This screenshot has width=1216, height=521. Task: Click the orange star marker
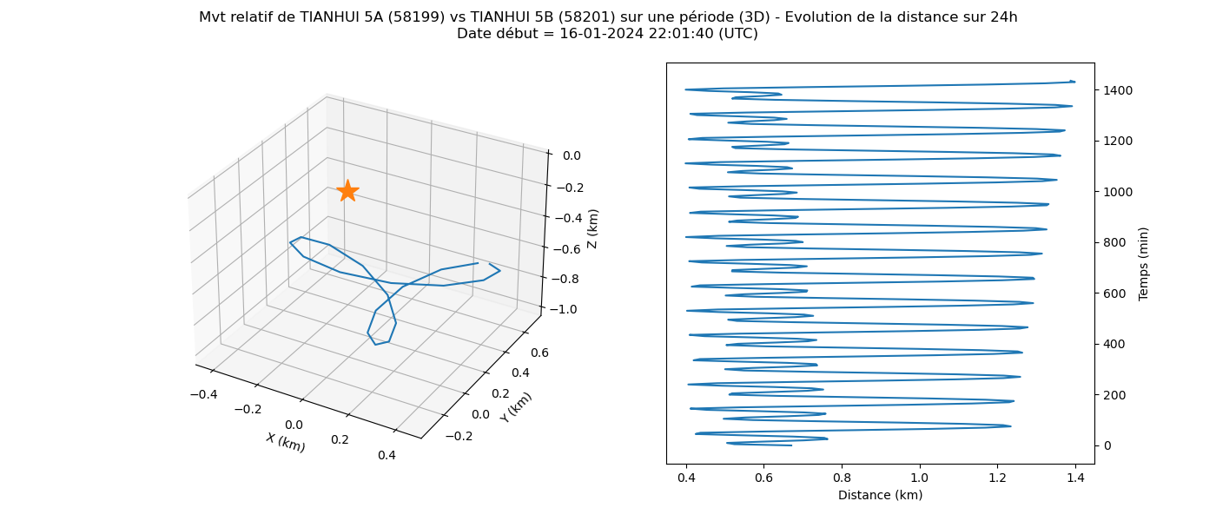(347, 191)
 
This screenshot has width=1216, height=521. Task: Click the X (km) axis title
(286, 442)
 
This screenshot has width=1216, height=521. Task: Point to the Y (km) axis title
(516, 407)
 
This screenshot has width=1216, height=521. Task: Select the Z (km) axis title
(592, 229)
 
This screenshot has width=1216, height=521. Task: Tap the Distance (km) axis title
(881, 495)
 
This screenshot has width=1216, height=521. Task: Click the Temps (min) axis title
(1143, 264)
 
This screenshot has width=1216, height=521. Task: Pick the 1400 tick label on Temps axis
(1118, 90)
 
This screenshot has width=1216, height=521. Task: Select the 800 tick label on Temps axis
(1114, 242)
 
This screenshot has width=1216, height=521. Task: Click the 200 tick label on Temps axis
(1114, 395)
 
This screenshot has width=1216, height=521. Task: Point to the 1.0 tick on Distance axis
(920, 478)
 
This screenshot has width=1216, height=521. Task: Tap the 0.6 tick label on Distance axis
(763, 478)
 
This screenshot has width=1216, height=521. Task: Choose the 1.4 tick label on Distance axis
(1075, 478)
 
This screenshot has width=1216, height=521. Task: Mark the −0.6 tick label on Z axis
(565, 249)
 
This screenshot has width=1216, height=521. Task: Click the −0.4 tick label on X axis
(203, 394)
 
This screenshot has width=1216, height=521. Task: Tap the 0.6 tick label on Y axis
(539, 353)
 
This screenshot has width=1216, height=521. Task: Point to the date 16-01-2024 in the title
(601, 34)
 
